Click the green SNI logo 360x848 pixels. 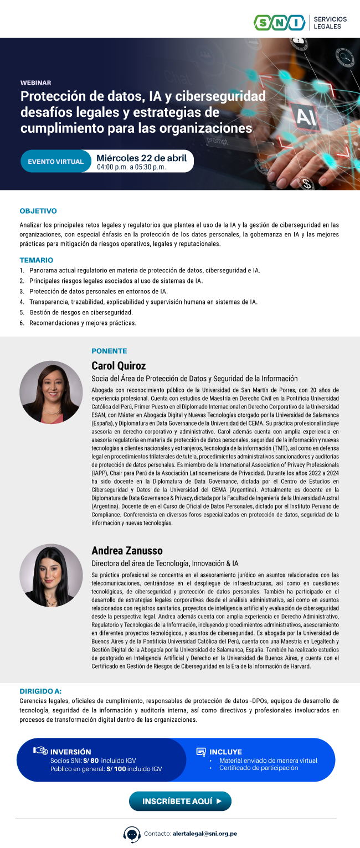point(279,23)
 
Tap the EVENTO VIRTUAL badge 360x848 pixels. point(55,162)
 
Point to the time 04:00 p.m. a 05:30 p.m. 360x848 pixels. point(131,167)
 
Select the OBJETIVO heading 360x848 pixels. point(38,211)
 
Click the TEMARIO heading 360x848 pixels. point(37,260)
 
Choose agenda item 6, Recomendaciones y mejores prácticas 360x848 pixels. point(83,323)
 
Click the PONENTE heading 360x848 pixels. point(109,351)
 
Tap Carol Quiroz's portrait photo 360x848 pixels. point(50,392)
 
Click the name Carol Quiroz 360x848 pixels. point(119,366)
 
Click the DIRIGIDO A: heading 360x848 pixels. point(40,691)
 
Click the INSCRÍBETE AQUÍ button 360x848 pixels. point(180,801)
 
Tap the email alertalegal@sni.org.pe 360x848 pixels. point(205,834)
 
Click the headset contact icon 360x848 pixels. point(131,834)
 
